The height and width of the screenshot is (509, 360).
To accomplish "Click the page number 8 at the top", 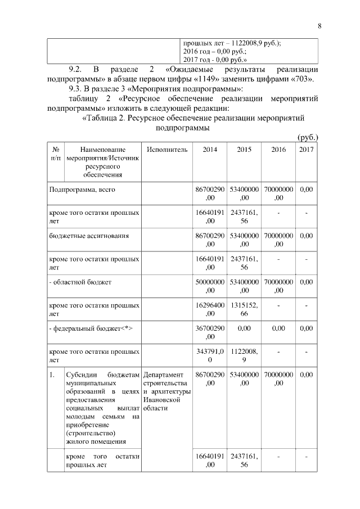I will pos(319,26).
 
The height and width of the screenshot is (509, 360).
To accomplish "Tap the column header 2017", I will pos(307,150).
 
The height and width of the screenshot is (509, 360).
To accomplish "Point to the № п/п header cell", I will pos(56,154).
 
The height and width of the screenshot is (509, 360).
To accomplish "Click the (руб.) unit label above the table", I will pos(308,137).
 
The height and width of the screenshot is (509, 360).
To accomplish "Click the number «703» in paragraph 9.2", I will pos(303,79).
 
